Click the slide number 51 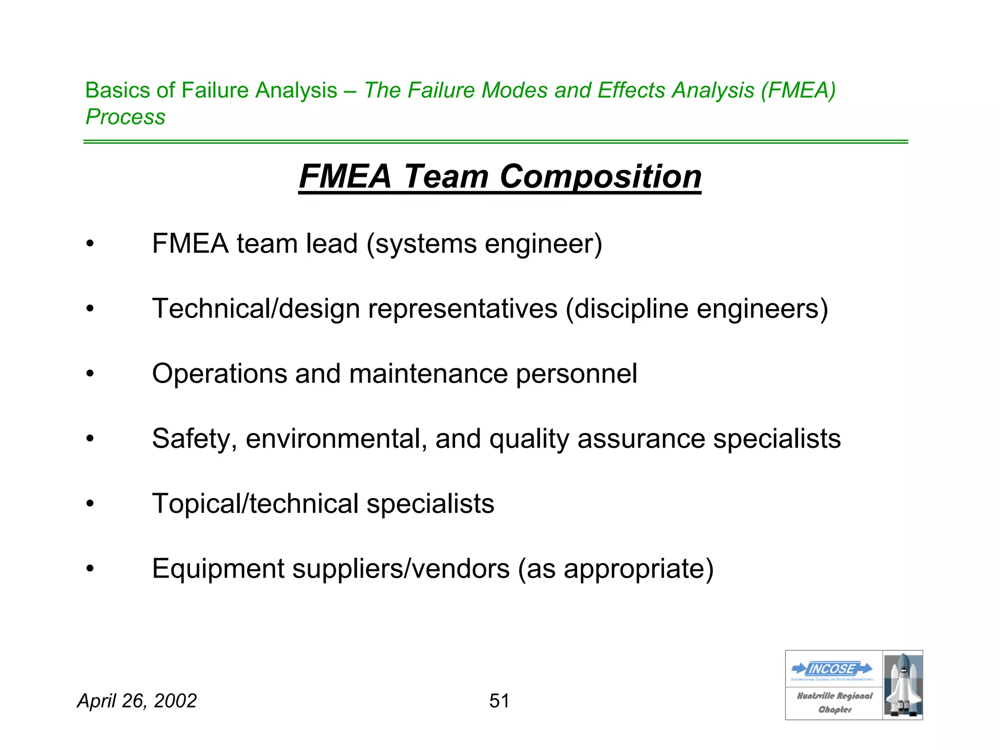pos(499,701)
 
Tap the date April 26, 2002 pos(137,701)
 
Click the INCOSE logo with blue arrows pos(833,668)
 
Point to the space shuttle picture pos(902,685)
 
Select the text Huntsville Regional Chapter pos(834,703)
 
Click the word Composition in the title pos(601,176)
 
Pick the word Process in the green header pos(125,117)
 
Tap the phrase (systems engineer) pos(484,244)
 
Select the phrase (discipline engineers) pos(697,309)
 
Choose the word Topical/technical pos(255,503)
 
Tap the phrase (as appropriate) pos(616,568)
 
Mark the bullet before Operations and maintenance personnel pos(90,374)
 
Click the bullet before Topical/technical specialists pos(90,504)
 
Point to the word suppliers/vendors pos(401,568)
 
